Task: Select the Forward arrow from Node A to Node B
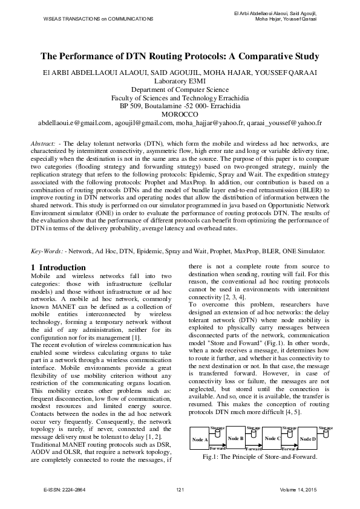tap(217, 449)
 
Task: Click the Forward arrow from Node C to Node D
tap(290, 449)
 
